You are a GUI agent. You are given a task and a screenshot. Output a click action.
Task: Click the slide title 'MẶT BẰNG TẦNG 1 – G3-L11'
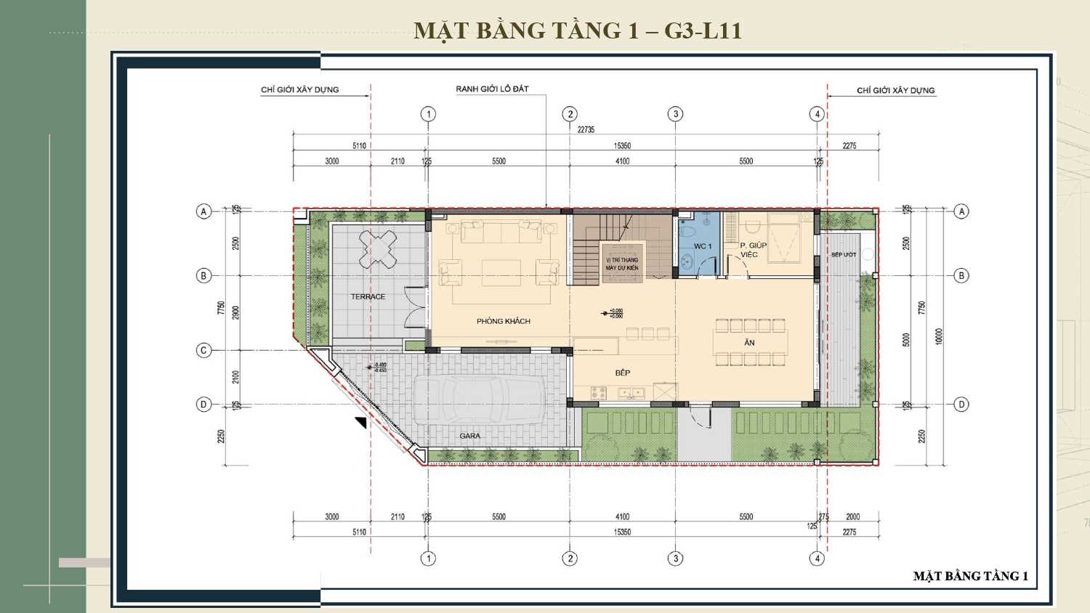click(x=578, y=31)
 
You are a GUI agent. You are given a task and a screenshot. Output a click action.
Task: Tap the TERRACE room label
click(x=368, y=296)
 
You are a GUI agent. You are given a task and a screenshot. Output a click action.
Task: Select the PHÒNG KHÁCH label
click(x=503, y=321)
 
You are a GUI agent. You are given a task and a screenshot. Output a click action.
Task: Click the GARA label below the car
click(x=469, y=436)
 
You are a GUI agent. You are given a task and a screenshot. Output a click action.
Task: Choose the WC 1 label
click(x=702, y=246)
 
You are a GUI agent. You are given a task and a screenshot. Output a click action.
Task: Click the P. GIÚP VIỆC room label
click(x=752, y=250)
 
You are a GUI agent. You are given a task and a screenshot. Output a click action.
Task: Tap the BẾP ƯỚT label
click(x=844, y=255)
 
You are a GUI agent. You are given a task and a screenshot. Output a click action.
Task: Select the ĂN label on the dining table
click(x=749, y=343)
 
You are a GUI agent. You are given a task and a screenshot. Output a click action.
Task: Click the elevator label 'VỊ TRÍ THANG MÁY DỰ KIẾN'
click(x=622, y=264)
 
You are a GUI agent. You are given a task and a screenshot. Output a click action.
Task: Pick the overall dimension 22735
click(x=586, y=129)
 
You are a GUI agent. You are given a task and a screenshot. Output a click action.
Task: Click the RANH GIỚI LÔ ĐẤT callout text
click(x=492, y=89)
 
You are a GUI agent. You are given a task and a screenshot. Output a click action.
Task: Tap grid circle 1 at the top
click(x=428, y=114)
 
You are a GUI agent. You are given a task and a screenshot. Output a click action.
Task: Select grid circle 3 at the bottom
click(x=675, y=559)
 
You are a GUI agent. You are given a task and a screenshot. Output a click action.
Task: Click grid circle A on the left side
click(x=203, y=211)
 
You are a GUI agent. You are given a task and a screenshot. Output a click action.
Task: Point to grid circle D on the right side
click(x=961, y=405)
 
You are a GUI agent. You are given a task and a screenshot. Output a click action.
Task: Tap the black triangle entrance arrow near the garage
click(x=360, y=423)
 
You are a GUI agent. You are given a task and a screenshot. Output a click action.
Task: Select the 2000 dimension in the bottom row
click(x=852, y=517)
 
